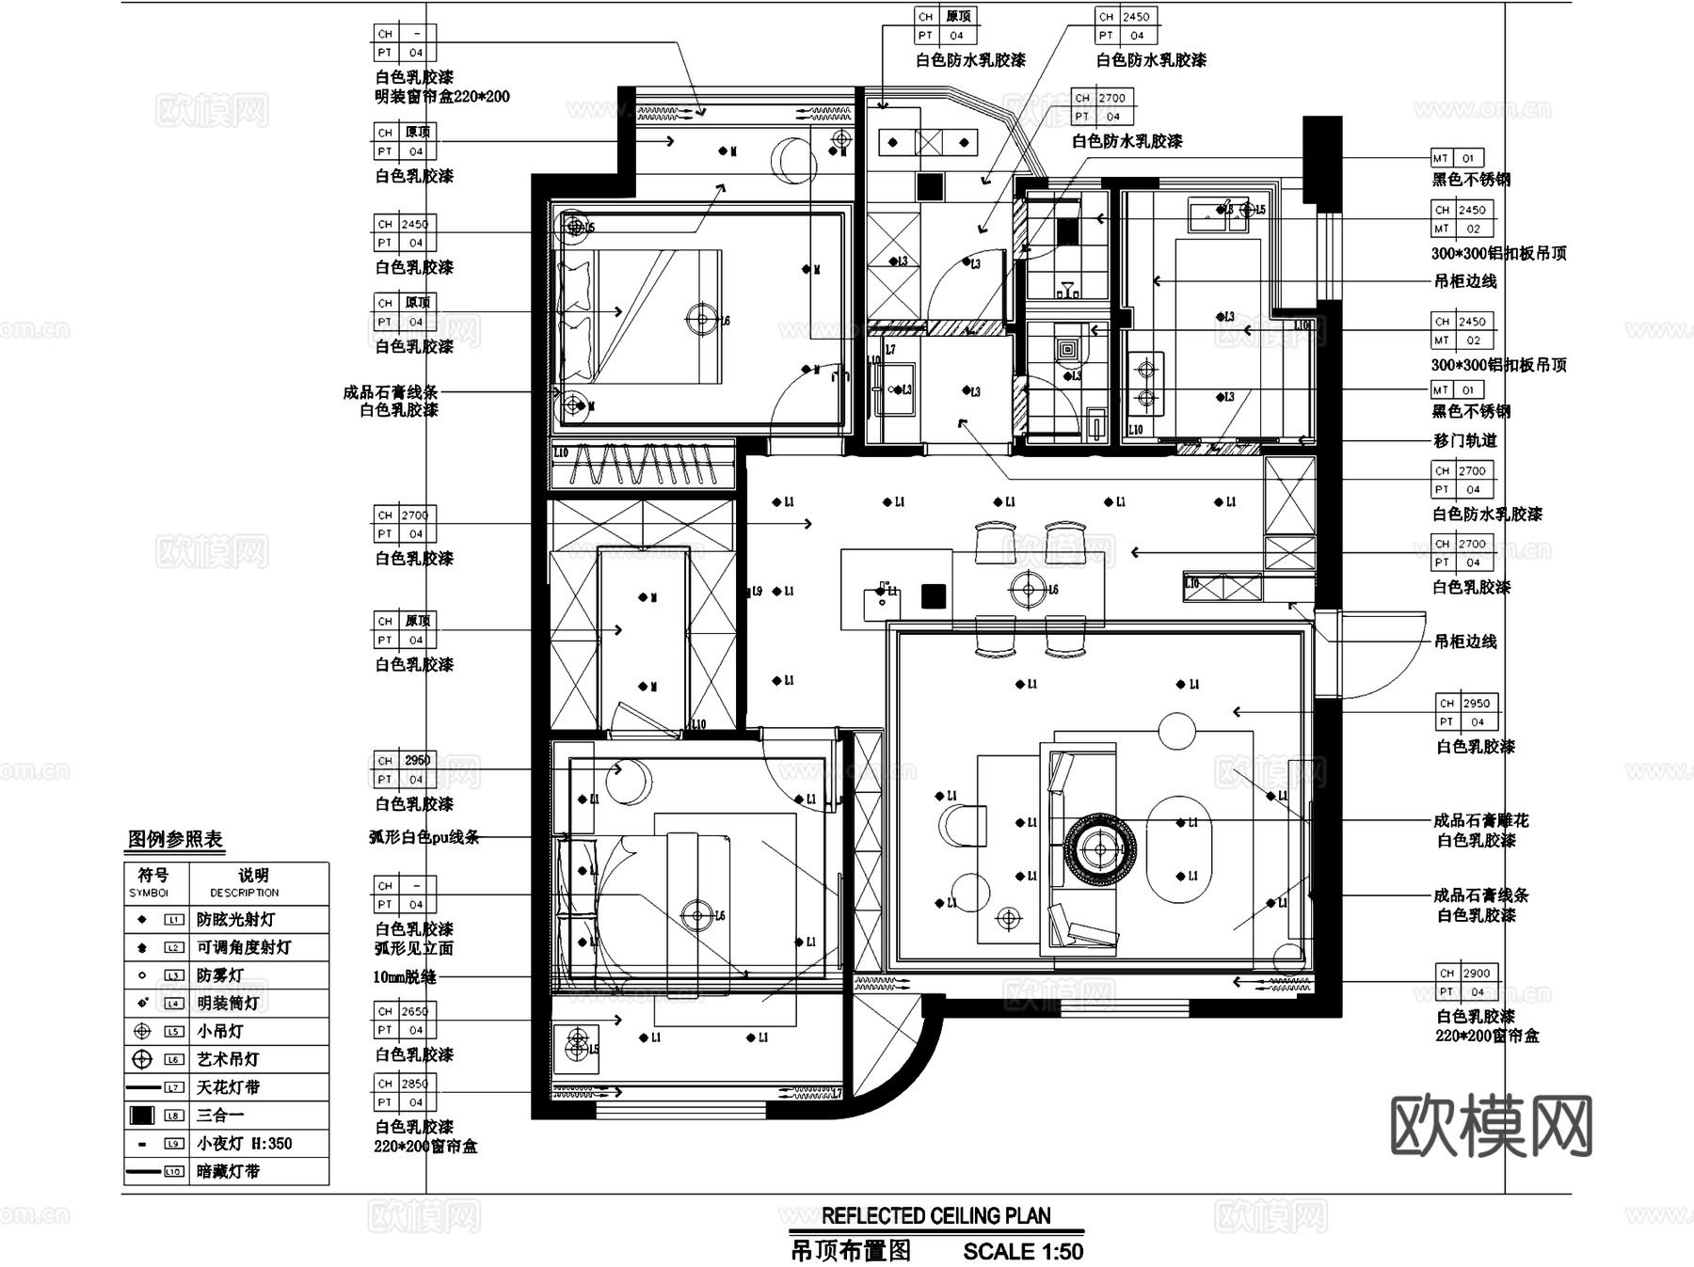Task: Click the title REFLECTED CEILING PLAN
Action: tap(935, 1216)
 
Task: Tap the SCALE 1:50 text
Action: tap(1023, 1252)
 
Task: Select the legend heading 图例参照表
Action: tap(175, 839)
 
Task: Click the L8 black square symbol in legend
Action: tap(142, 1116)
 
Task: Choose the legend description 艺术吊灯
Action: tap(228, 1059)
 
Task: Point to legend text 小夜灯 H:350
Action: tap(245, 1144)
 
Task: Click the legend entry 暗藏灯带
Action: tap(228, 1172)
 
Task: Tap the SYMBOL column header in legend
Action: tap(150, 883)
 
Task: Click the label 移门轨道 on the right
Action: tap(1464, 440)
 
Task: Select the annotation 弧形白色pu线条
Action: tap(423, 836)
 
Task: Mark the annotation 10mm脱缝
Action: tap(405, 977)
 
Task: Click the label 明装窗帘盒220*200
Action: tap(442, 96)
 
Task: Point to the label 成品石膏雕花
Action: tap(1480, 820)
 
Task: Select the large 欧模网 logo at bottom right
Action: tap(1492, 1125)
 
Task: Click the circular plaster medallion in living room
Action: tap(1100, 848)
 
